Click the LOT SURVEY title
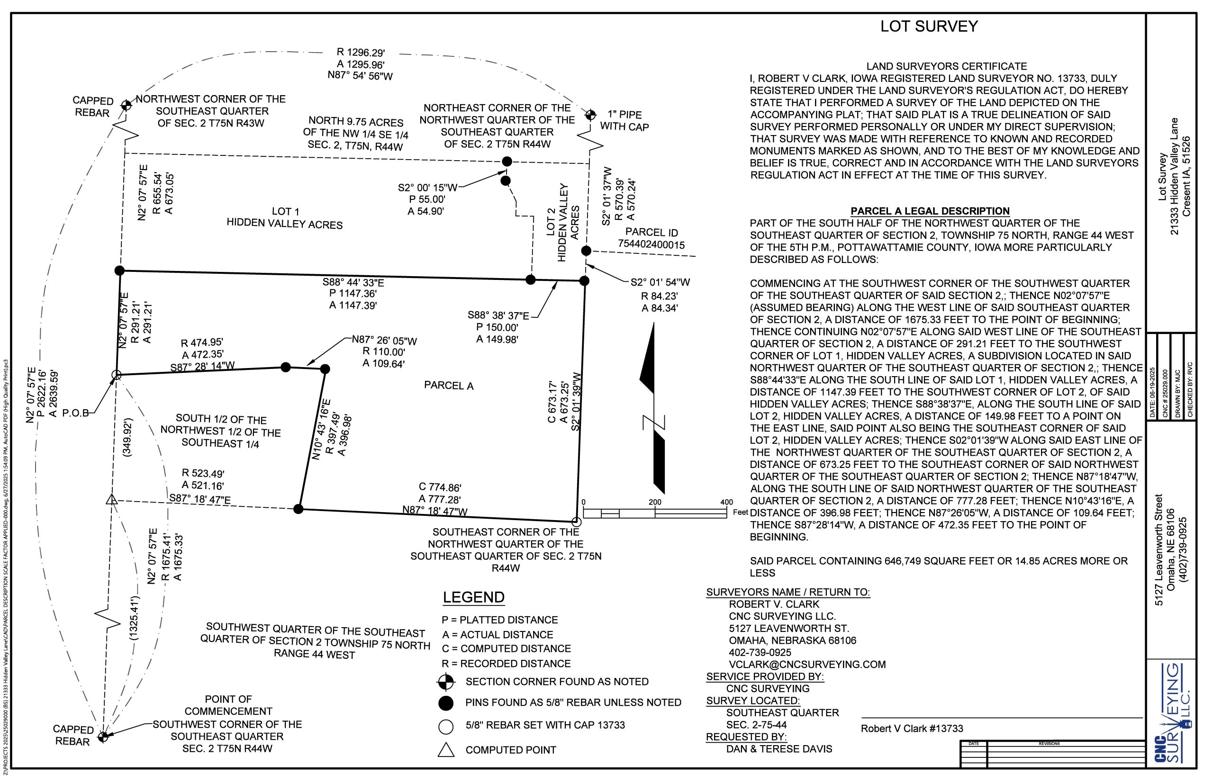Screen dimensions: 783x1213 pos(929,27)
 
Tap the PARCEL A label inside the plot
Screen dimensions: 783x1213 pos(449,386)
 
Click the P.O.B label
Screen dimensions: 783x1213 pos(75,413)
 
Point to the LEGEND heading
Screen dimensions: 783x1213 pos(473,597)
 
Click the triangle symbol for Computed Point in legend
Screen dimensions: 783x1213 pos(446,750)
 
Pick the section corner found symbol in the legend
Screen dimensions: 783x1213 pos(445,682)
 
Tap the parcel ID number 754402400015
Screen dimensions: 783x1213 pos(651,244)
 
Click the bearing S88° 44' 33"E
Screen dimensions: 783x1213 pos(353,282)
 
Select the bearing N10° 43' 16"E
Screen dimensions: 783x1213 pos(321,430)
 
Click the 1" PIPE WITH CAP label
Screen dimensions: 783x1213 pos(624,121)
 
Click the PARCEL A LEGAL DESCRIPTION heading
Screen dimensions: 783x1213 pos(930,211)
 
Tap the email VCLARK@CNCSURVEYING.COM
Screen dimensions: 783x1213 pos(807,664)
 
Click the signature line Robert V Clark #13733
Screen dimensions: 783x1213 pos(911,729)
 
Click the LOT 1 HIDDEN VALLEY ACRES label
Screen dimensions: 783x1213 pos(285,218)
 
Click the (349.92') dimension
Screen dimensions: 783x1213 pos(127,437)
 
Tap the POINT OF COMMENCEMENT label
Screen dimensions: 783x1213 pos(228,705)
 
